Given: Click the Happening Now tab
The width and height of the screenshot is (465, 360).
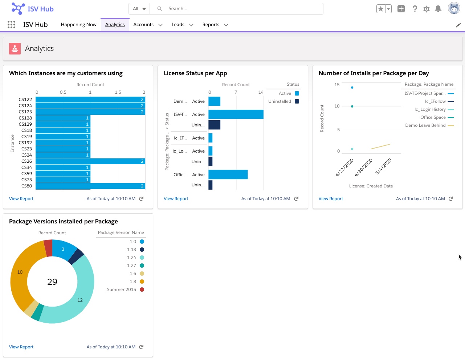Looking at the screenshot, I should click(78, 25).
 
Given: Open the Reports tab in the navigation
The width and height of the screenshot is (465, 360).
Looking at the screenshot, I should click(211, 25).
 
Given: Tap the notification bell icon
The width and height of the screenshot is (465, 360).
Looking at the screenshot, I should click(438, 9).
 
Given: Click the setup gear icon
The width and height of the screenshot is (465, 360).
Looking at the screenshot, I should click(427, 9).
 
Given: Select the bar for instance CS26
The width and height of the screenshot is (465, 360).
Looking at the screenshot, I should click(90, 161).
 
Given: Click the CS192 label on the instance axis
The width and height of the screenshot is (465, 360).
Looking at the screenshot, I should click(25, 143).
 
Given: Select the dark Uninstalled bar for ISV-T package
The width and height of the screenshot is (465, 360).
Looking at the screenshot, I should click(214, 125).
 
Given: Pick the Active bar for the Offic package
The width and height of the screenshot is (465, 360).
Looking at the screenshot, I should click(228, 175).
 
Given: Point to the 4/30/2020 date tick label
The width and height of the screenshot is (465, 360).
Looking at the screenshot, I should click(364, 167).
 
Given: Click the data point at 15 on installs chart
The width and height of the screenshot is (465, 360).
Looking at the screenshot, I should click(352, 88).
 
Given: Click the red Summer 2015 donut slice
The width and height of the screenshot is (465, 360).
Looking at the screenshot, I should click(48, 248).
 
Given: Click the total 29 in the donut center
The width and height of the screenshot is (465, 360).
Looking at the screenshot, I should click(52, 282).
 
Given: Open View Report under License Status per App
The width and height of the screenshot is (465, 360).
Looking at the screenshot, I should click(176, 199).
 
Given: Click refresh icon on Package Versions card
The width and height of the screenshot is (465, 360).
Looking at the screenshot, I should click(141, 347).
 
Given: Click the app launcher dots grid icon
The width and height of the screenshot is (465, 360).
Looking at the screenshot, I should click(11, 25).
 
